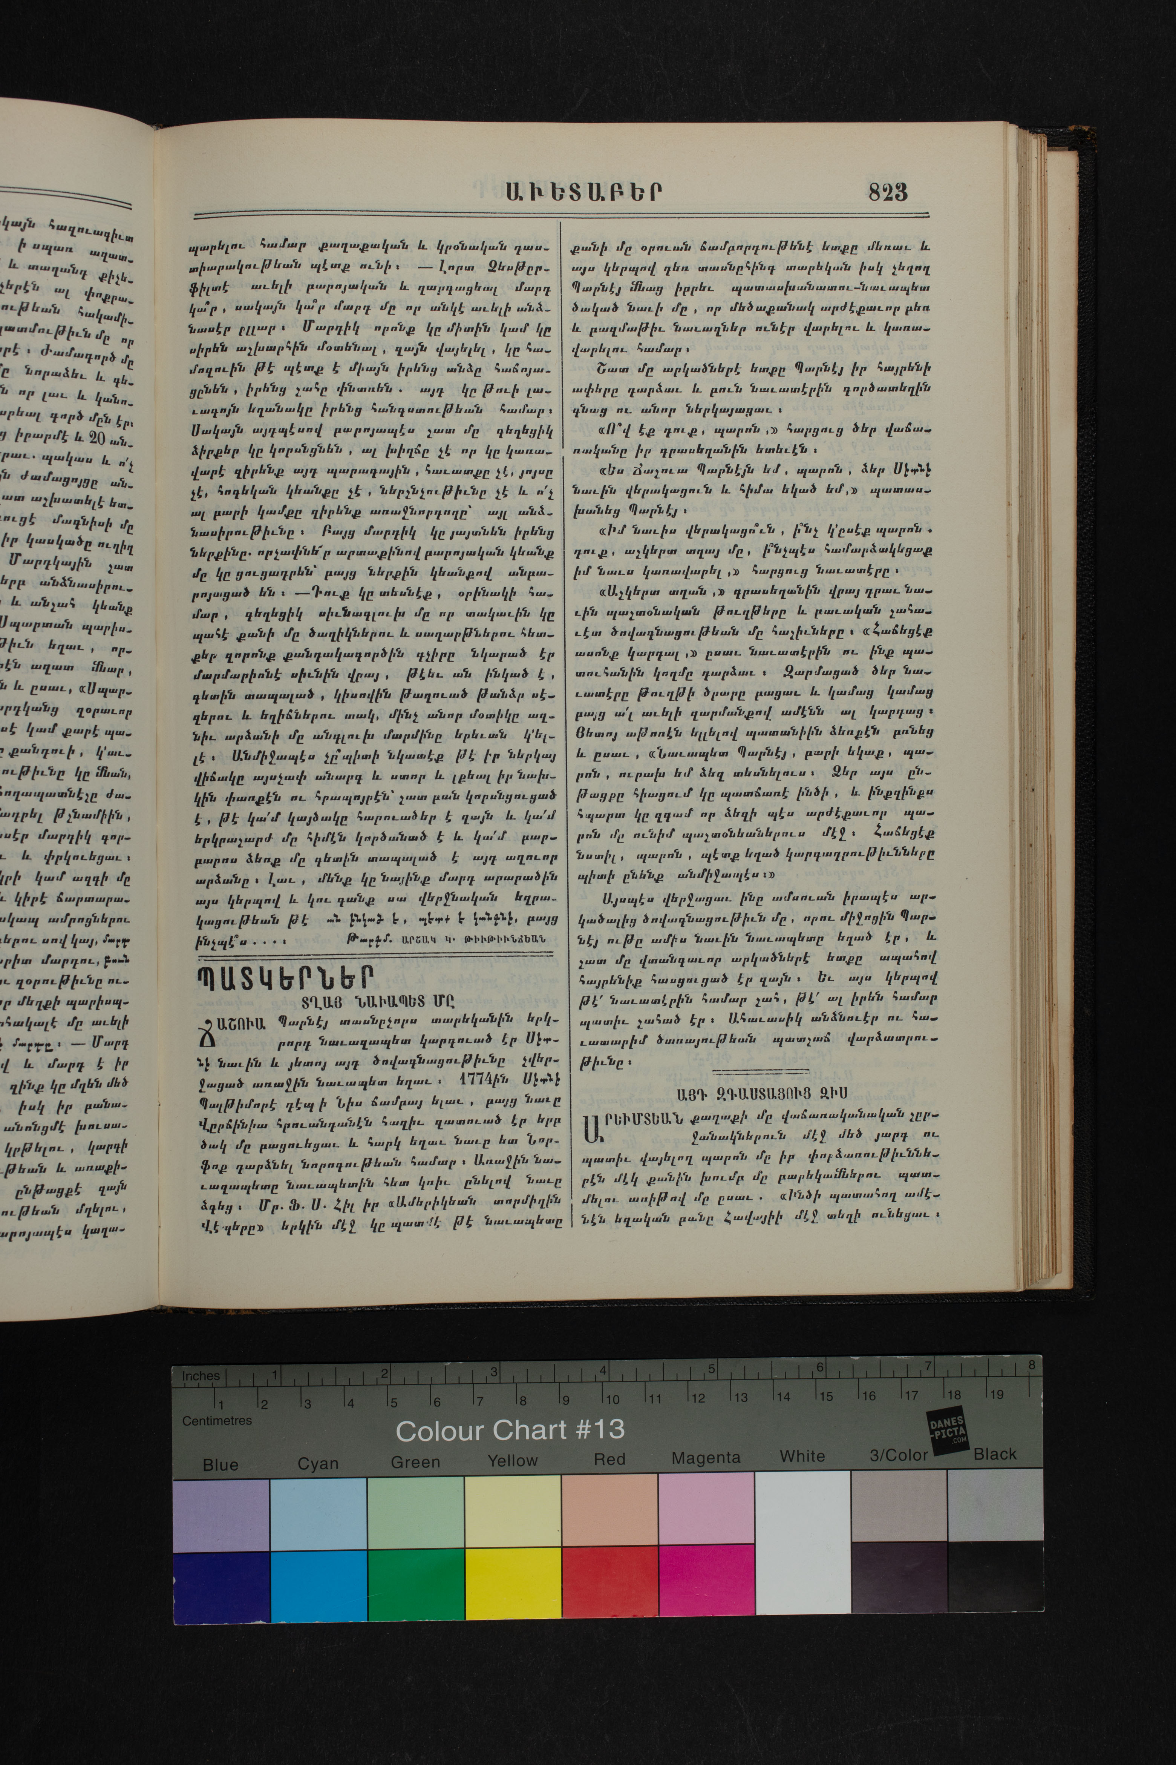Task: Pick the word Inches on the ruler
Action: click(x=201, y=1375)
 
